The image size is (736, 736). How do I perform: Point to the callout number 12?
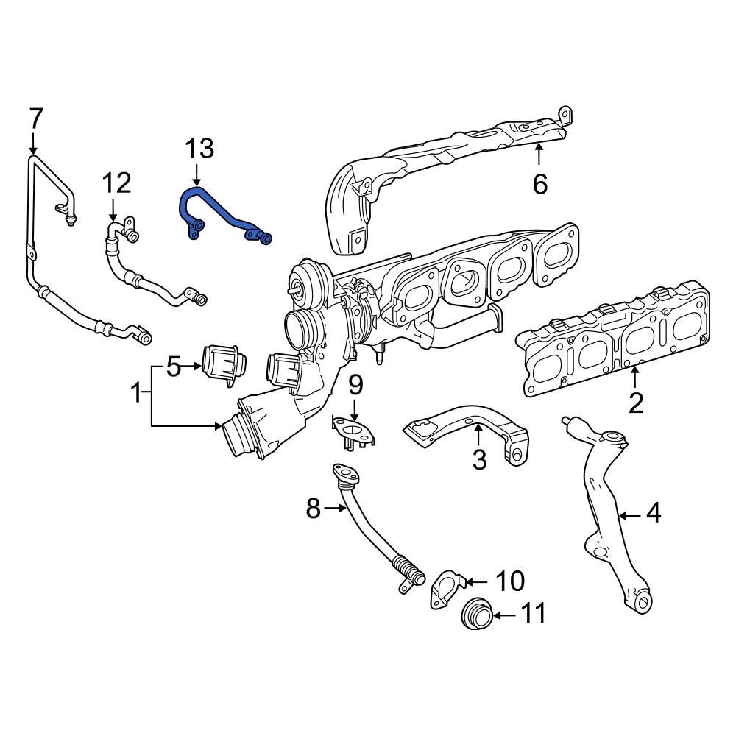tap(116, 183)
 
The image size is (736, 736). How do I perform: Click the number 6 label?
tap(539, 184)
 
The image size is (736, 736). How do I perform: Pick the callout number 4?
tap(654, 514)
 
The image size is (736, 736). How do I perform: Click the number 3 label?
tap(479, 460)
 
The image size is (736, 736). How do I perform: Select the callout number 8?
tap(314, 508)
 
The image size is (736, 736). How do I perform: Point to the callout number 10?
tap(509, 581)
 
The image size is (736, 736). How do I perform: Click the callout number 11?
tap(534, 613)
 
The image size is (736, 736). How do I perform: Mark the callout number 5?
tap(172, 366)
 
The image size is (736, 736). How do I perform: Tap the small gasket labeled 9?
tap(353, 431)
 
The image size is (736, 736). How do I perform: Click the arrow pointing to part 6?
tap(539, 155)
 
